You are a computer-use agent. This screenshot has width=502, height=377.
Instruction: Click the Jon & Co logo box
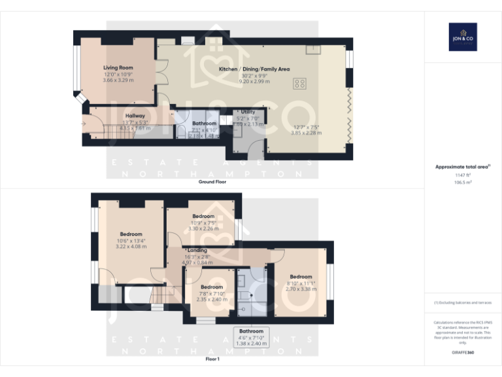click(x=463, y=37)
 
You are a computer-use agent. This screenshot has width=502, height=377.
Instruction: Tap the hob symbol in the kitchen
click(x=300, y=83)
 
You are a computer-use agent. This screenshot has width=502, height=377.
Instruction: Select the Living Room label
click(x=118, y=67)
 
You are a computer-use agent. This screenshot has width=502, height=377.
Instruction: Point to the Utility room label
click(x=248, y=112)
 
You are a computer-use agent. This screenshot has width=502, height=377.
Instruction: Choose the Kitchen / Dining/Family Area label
click(x=254, y=69)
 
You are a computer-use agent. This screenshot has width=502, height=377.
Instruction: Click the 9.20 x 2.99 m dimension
click(x=254, y=81)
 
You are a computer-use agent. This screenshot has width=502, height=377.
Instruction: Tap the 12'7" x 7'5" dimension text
click(x=307, y=127)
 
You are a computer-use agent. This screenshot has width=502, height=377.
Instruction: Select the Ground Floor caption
click(x=212, y=181)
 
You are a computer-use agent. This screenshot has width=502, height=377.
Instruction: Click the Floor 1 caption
click(x=212, y=359)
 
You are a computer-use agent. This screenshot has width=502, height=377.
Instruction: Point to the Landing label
click(x=197, y=250)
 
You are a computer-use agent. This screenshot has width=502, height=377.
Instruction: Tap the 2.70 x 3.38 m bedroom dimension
click(x=301, y=289)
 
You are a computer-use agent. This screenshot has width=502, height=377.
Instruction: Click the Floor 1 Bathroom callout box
click(x=251, y=337)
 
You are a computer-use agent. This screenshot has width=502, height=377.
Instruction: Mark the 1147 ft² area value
click(x=463, y=175)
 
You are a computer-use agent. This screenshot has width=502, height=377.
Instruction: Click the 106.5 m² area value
click(x=463, y=183)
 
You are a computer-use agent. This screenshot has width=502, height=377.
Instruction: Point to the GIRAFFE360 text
click(x=463, y=353)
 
